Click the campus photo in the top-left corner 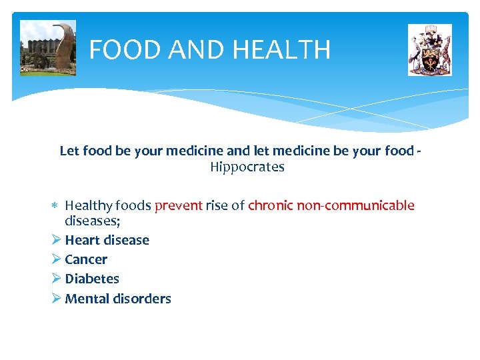coord(48,48)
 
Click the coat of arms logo coord(429,50)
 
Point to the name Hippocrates coord(247,167)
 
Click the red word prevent coord(178,205)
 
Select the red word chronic coord(270,205)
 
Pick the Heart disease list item coord(107,240)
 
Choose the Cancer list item coord(86,259)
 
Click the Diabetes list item coord(92,279)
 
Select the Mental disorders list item coord(118,299)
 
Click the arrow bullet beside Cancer coord(56,259)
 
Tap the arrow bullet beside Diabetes coord(56,279)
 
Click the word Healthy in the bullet coord(87,205)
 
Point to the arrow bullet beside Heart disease coord(56,240)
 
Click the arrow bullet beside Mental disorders coord(56,299)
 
